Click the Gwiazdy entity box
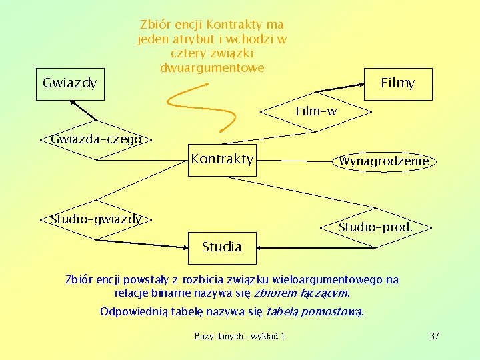69,83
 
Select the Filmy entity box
399,84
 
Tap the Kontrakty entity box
222,160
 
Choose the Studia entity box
222,247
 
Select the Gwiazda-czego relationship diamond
97,140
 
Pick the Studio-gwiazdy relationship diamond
97,219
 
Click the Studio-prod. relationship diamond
375,227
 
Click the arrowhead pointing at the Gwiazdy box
74,105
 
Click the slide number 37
435,336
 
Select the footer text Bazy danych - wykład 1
239,336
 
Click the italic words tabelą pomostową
315,311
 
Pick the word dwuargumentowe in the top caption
212,68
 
